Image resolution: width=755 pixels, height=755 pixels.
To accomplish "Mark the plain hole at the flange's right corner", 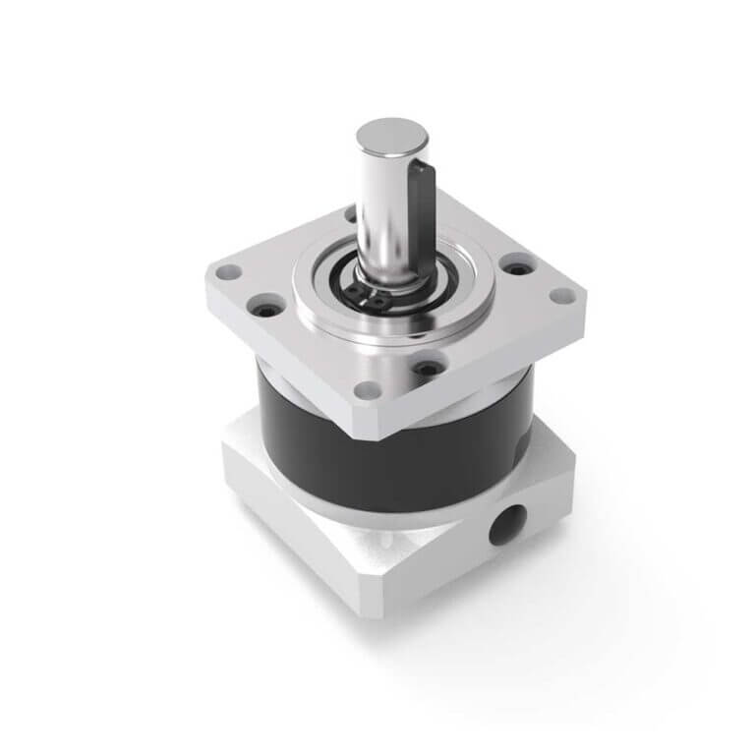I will pos(559,295).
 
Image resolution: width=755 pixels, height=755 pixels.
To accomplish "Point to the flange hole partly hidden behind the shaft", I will pos(351,211).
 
